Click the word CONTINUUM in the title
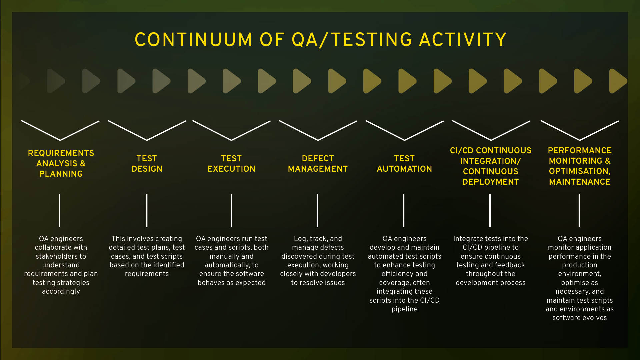tap(194, 40)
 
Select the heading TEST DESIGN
tap(147, 164)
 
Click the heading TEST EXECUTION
tap(231, 164)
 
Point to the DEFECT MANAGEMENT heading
tap(318, 164)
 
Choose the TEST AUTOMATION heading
tap(404, 164)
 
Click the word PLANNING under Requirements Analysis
tap(61, 174)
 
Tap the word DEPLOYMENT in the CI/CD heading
tap(490, 182)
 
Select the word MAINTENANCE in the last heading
tap(580, 182)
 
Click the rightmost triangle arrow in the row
tap(617, 81)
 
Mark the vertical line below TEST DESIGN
tap(147, 210)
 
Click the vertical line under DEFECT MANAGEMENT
tap(317, 210)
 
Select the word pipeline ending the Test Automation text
tap(404, 309)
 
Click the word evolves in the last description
tap(594, 318)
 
